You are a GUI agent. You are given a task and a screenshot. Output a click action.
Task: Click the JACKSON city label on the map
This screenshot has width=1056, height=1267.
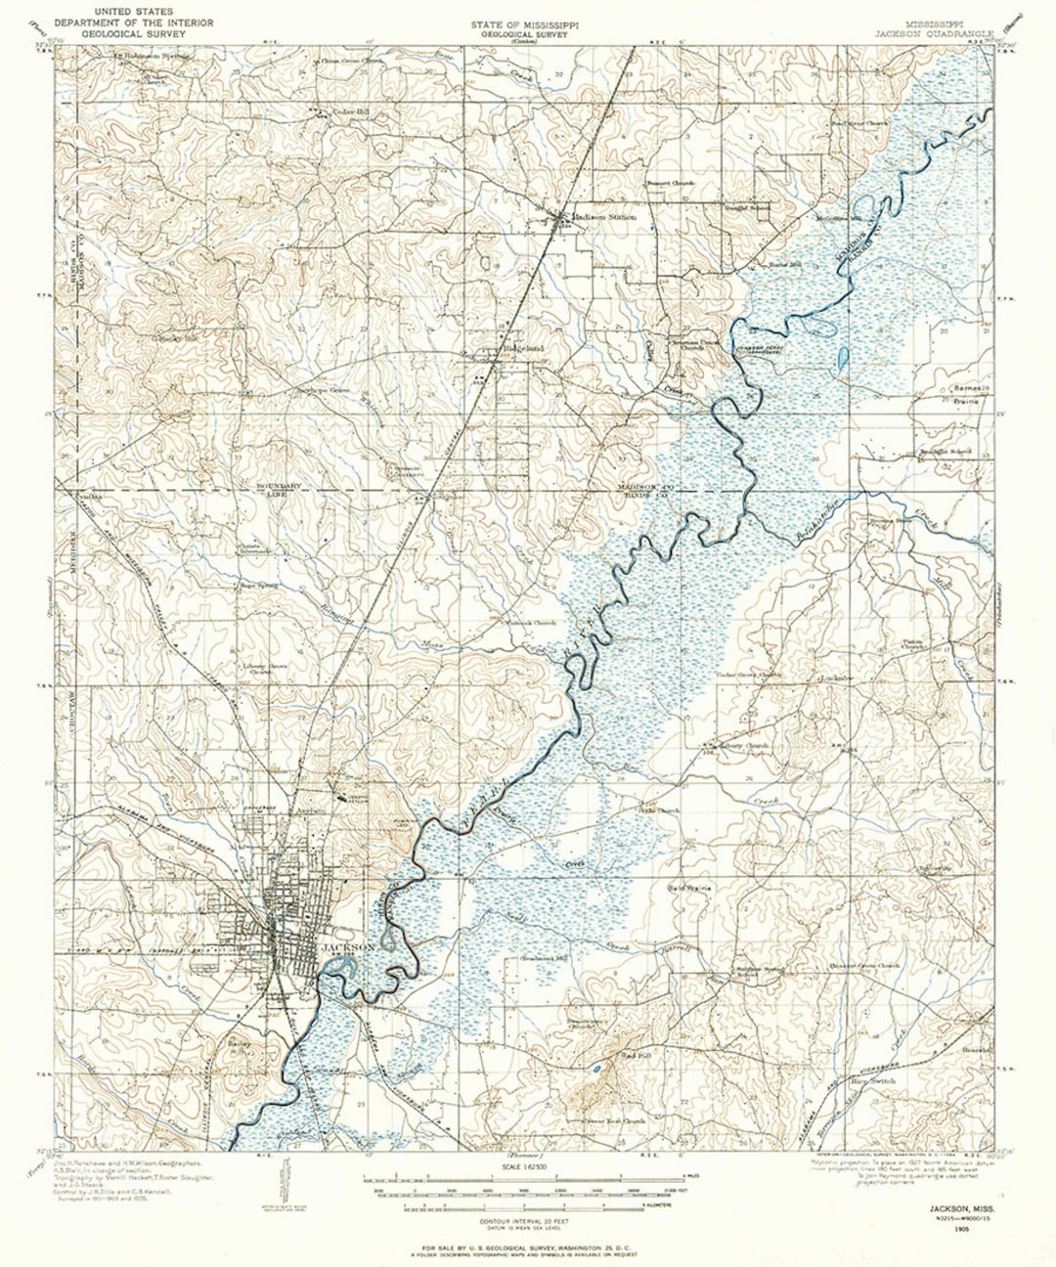click(348, 947)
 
